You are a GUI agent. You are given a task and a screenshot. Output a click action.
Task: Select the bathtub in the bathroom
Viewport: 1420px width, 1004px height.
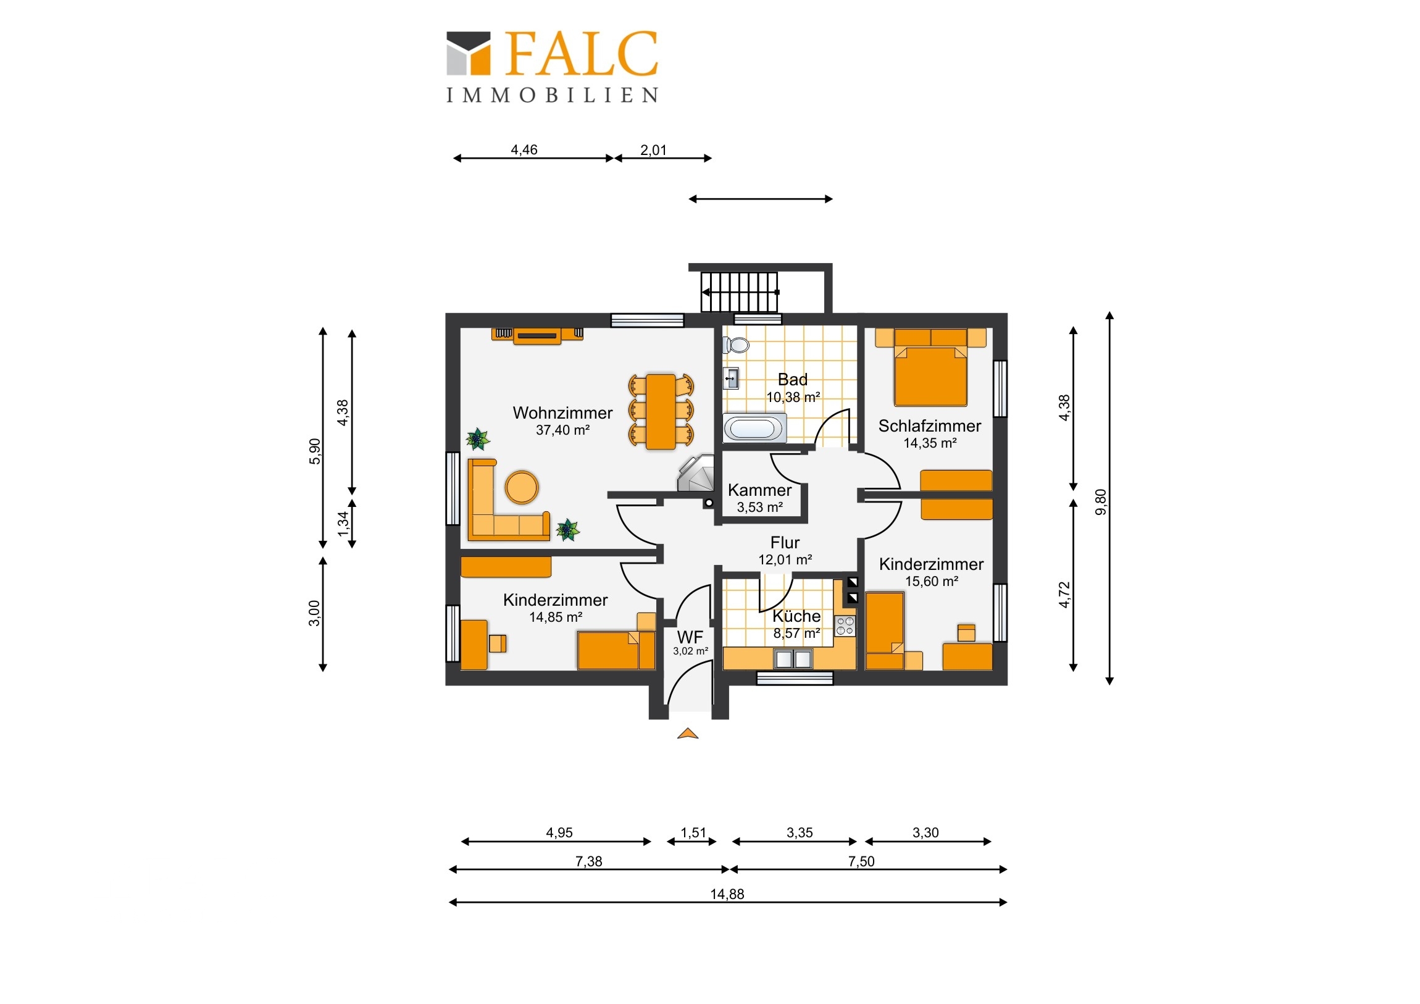[754, 429]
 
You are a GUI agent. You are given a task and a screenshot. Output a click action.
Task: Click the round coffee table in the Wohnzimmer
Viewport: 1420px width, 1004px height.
[522, 487]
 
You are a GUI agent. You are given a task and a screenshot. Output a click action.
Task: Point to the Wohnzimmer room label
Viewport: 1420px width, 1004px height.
[562, 412]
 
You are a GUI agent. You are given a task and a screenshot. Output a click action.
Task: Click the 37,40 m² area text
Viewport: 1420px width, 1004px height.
[562, 430]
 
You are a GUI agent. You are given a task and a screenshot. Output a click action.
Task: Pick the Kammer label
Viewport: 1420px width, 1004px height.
[759, 490]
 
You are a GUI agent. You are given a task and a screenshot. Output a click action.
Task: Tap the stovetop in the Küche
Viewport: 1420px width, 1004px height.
[845, 625]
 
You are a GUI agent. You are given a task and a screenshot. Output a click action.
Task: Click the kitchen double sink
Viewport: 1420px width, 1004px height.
[793, 659]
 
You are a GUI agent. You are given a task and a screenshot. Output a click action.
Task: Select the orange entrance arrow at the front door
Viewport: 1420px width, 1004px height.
[688, 734]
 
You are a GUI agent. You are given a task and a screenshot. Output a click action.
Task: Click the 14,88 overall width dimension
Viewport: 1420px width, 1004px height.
[727, 894]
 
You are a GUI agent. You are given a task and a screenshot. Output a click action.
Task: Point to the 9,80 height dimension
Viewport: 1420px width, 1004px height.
[1100, 501]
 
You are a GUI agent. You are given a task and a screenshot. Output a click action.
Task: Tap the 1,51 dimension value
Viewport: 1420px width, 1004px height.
[693, 832]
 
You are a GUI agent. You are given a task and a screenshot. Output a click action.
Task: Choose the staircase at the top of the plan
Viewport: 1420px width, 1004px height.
[740, 292]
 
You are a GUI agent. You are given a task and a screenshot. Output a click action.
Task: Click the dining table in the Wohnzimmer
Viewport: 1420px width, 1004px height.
[661, 411]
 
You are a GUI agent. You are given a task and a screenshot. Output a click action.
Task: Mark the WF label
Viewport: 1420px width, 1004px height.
[690, 637]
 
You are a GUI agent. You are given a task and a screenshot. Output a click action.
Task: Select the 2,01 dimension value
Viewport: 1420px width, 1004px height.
[653, 149]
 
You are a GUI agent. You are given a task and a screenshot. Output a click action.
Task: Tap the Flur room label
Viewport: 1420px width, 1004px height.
[785, 543]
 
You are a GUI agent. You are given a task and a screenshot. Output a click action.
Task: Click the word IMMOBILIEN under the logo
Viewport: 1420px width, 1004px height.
[552, 94]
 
